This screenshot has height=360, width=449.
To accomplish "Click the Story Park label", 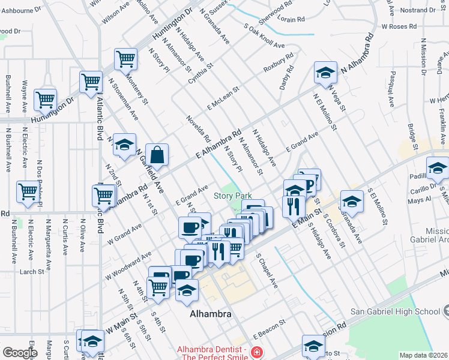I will [x=233, y=196].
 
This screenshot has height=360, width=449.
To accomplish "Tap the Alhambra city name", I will [x=210, y=314].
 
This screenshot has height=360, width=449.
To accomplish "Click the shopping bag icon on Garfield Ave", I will [x=157, y=155].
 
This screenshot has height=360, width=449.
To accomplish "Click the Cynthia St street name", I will [x=200, y=73].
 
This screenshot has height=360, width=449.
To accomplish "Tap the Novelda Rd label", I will [x=198, y=128].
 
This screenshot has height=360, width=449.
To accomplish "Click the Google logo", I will [x=20, y=353].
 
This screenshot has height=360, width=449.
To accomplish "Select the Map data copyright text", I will [x=424, y=355].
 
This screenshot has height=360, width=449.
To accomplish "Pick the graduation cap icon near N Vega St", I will [x=325, y=73].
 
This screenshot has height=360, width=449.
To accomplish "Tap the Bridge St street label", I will [x=412, y=137].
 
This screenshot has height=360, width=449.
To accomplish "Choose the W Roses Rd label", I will [x=399, y=26].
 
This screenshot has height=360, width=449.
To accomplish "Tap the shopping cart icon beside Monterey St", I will [x=125, y=59].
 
